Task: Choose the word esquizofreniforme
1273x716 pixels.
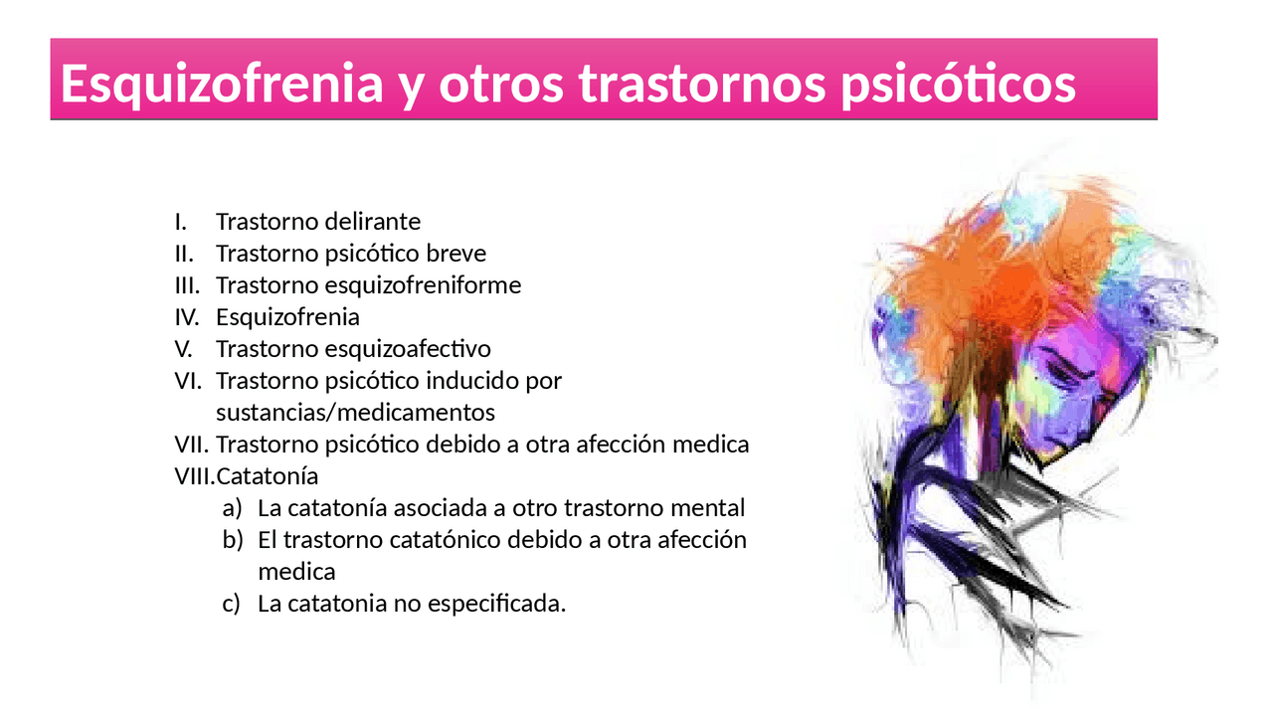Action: tap(423, 285)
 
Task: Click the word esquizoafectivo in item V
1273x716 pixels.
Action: tap(408, 349)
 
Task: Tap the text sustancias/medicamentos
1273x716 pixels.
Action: tap(355, 412)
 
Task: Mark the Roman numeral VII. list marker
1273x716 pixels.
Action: tap(191, 445)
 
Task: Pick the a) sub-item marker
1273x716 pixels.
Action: tap(232, 508)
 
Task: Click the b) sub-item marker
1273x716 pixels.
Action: tap(232, 540)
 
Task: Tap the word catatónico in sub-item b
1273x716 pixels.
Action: tap(451, 540)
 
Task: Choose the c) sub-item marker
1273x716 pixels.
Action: tap(232, 604)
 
